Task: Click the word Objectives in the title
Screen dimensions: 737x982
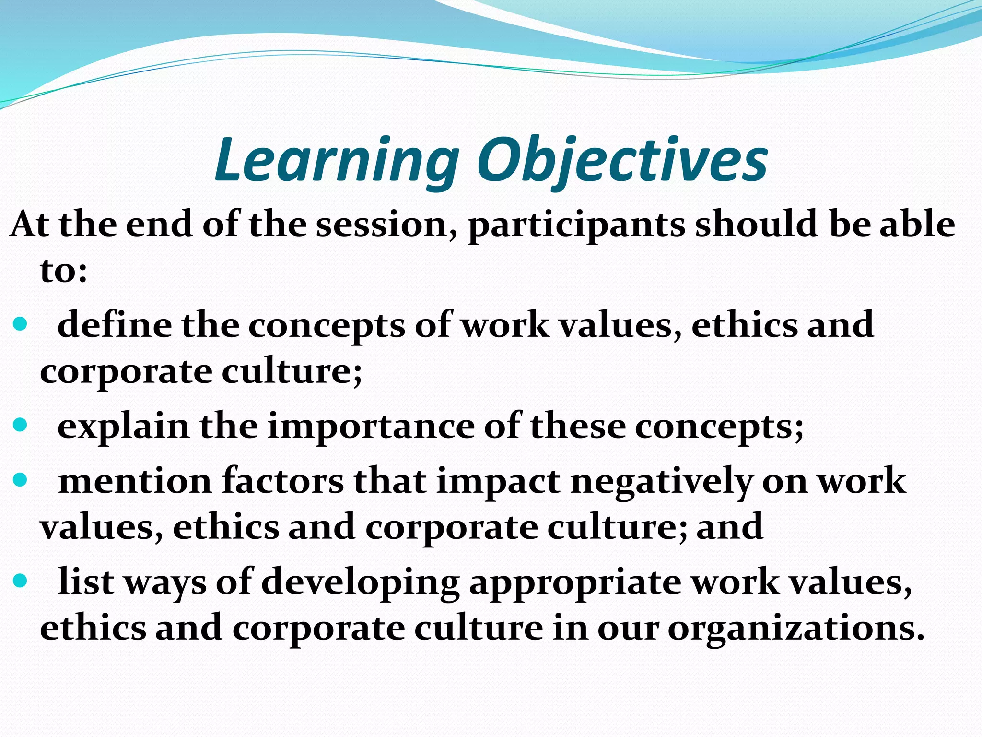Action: tap(622, 161)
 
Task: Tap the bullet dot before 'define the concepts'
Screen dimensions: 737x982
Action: tap(20, 325)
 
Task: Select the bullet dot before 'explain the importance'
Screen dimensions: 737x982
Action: tap(20, 426)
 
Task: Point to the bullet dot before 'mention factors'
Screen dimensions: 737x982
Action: tap(20, 480)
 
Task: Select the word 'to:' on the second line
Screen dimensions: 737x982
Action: tap(63, 271)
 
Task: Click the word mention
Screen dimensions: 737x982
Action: tap(135, 481)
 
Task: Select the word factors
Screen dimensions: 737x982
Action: tap(283, 481)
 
